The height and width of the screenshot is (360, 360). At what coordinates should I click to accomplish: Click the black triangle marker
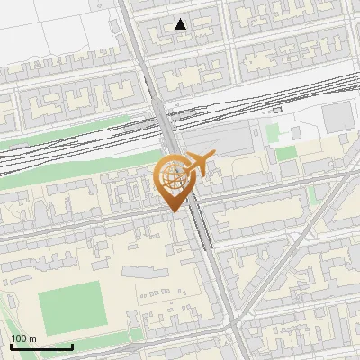pyautogui.click(x=181, y=24)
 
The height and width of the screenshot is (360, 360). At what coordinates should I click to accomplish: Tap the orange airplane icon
pyautogui.click(x=199, y=165)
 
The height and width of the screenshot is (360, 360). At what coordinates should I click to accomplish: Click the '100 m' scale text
pyautogui.click(x=25, y=338)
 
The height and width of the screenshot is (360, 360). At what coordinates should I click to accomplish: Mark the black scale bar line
pyautogui.click(x=41, y=346)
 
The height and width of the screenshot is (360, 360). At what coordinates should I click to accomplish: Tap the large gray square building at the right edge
pyautogui.click(x=339, y=115)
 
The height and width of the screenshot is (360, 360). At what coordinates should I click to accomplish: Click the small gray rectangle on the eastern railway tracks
pyautogui.click(x=277, y=110)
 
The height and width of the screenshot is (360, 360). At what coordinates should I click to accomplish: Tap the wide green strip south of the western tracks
pyautogui.click(x=54, y=171)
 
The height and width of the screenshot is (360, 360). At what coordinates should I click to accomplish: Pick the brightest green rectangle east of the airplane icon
pyautogui.click(x=285, y=153)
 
